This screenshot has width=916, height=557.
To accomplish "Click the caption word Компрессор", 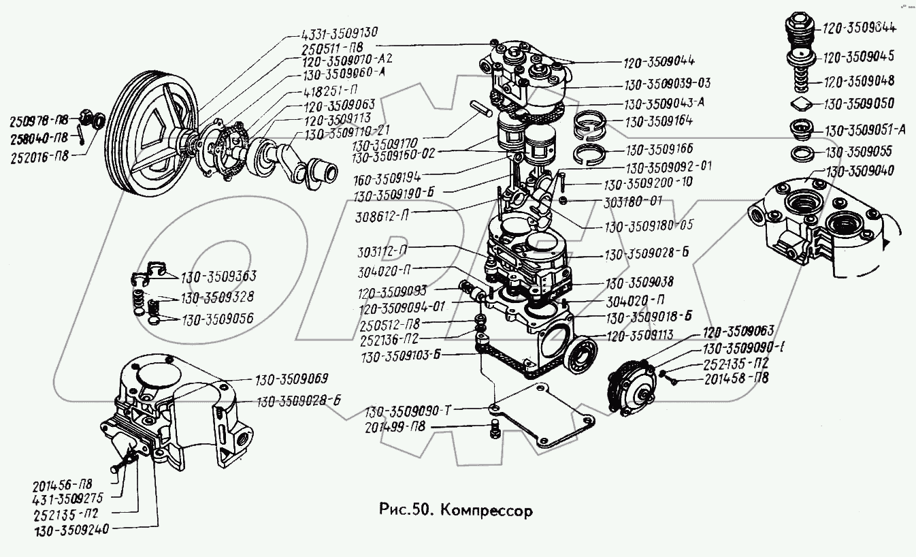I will tap(485, 510).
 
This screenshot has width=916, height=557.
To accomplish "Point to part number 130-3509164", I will tap(655, 123).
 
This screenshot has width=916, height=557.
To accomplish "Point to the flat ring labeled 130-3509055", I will tap(803, 153).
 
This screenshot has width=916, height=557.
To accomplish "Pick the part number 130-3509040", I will tap(861, 170).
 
